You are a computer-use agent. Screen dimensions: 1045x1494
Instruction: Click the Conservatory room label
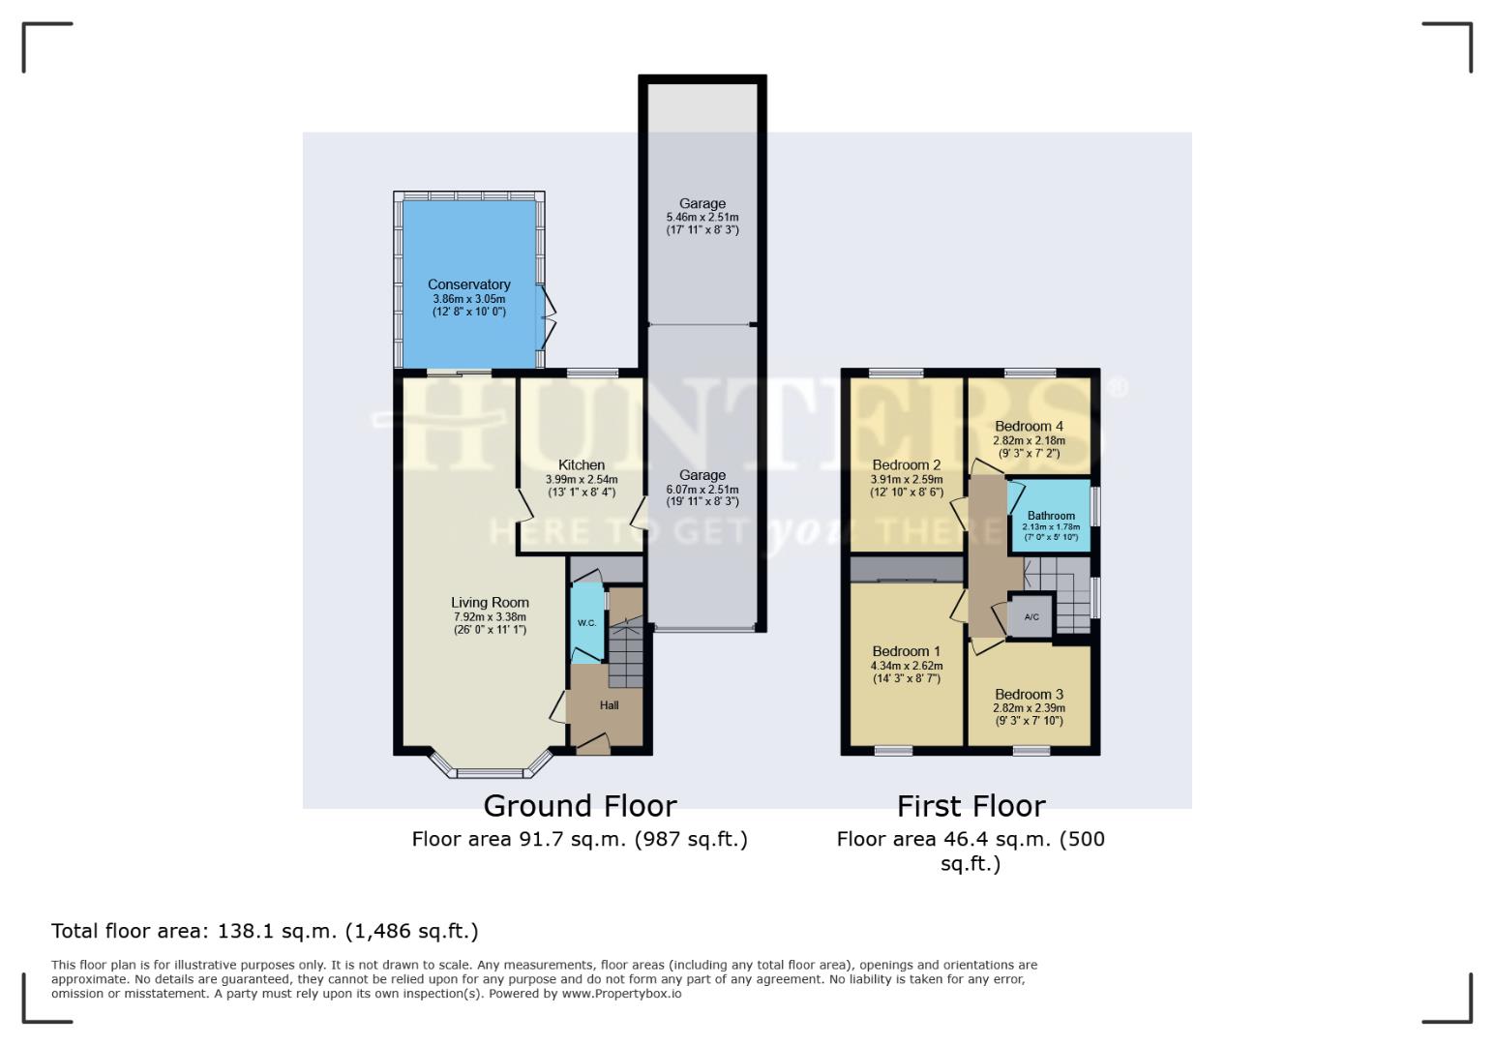(x=468, y=284)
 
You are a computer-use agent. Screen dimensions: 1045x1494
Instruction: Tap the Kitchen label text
(x=581, y=465)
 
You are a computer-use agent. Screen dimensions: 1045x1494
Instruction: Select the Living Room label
(x=490, y=603)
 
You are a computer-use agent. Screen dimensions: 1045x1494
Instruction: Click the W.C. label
(x=586, y=623)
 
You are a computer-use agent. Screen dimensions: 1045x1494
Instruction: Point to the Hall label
(x=609, y=705)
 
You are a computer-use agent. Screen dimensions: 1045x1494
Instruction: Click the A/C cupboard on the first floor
(x=1031, y=617)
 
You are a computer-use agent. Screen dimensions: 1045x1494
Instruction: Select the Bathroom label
(x=1050, y=516)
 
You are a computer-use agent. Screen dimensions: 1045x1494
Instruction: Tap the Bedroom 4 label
(x=1029, y=426)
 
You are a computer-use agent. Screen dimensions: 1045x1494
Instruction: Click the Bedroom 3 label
(x=1029, y=694)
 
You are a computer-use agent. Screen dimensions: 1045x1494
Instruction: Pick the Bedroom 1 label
(x=906, y=651)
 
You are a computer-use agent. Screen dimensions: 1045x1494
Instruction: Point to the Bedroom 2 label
(x=906, y=464)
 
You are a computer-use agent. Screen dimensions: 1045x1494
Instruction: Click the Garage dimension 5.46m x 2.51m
(x=702, y=218)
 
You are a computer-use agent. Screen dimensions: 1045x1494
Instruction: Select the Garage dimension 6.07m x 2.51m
(x=702, y=489)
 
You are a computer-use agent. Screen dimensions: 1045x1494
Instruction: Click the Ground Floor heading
(x=580, y=806)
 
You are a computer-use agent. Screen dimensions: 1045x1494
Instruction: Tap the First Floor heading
(x=971, y=806)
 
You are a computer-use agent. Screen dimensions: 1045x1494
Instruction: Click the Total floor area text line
(x=264, y=931)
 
